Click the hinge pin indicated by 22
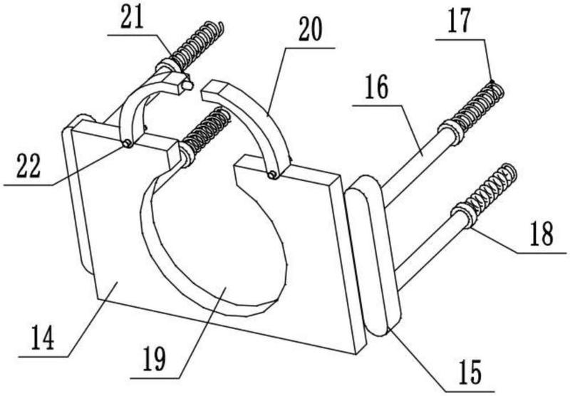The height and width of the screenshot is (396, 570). point(127,144)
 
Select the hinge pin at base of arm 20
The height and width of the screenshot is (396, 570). point(272,174)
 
